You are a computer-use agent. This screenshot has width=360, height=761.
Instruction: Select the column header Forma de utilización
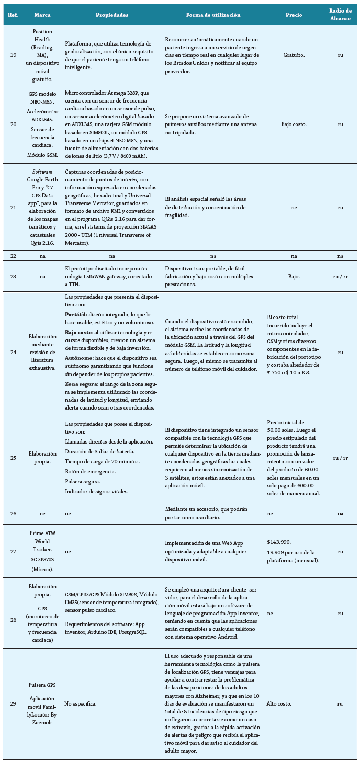[213, 15]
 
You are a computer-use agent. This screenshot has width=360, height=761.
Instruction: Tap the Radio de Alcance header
[340, 15]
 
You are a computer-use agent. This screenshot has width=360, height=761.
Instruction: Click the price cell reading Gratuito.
[294, 54]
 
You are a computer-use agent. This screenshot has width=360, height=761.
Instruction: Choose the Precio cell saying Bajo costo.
[294, 124]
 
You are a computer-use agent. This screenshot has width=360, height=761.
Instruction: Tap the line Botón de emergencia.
[91, 471]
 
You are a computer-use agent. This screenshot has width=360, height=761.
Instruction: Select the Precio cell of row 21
[294, 207]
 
